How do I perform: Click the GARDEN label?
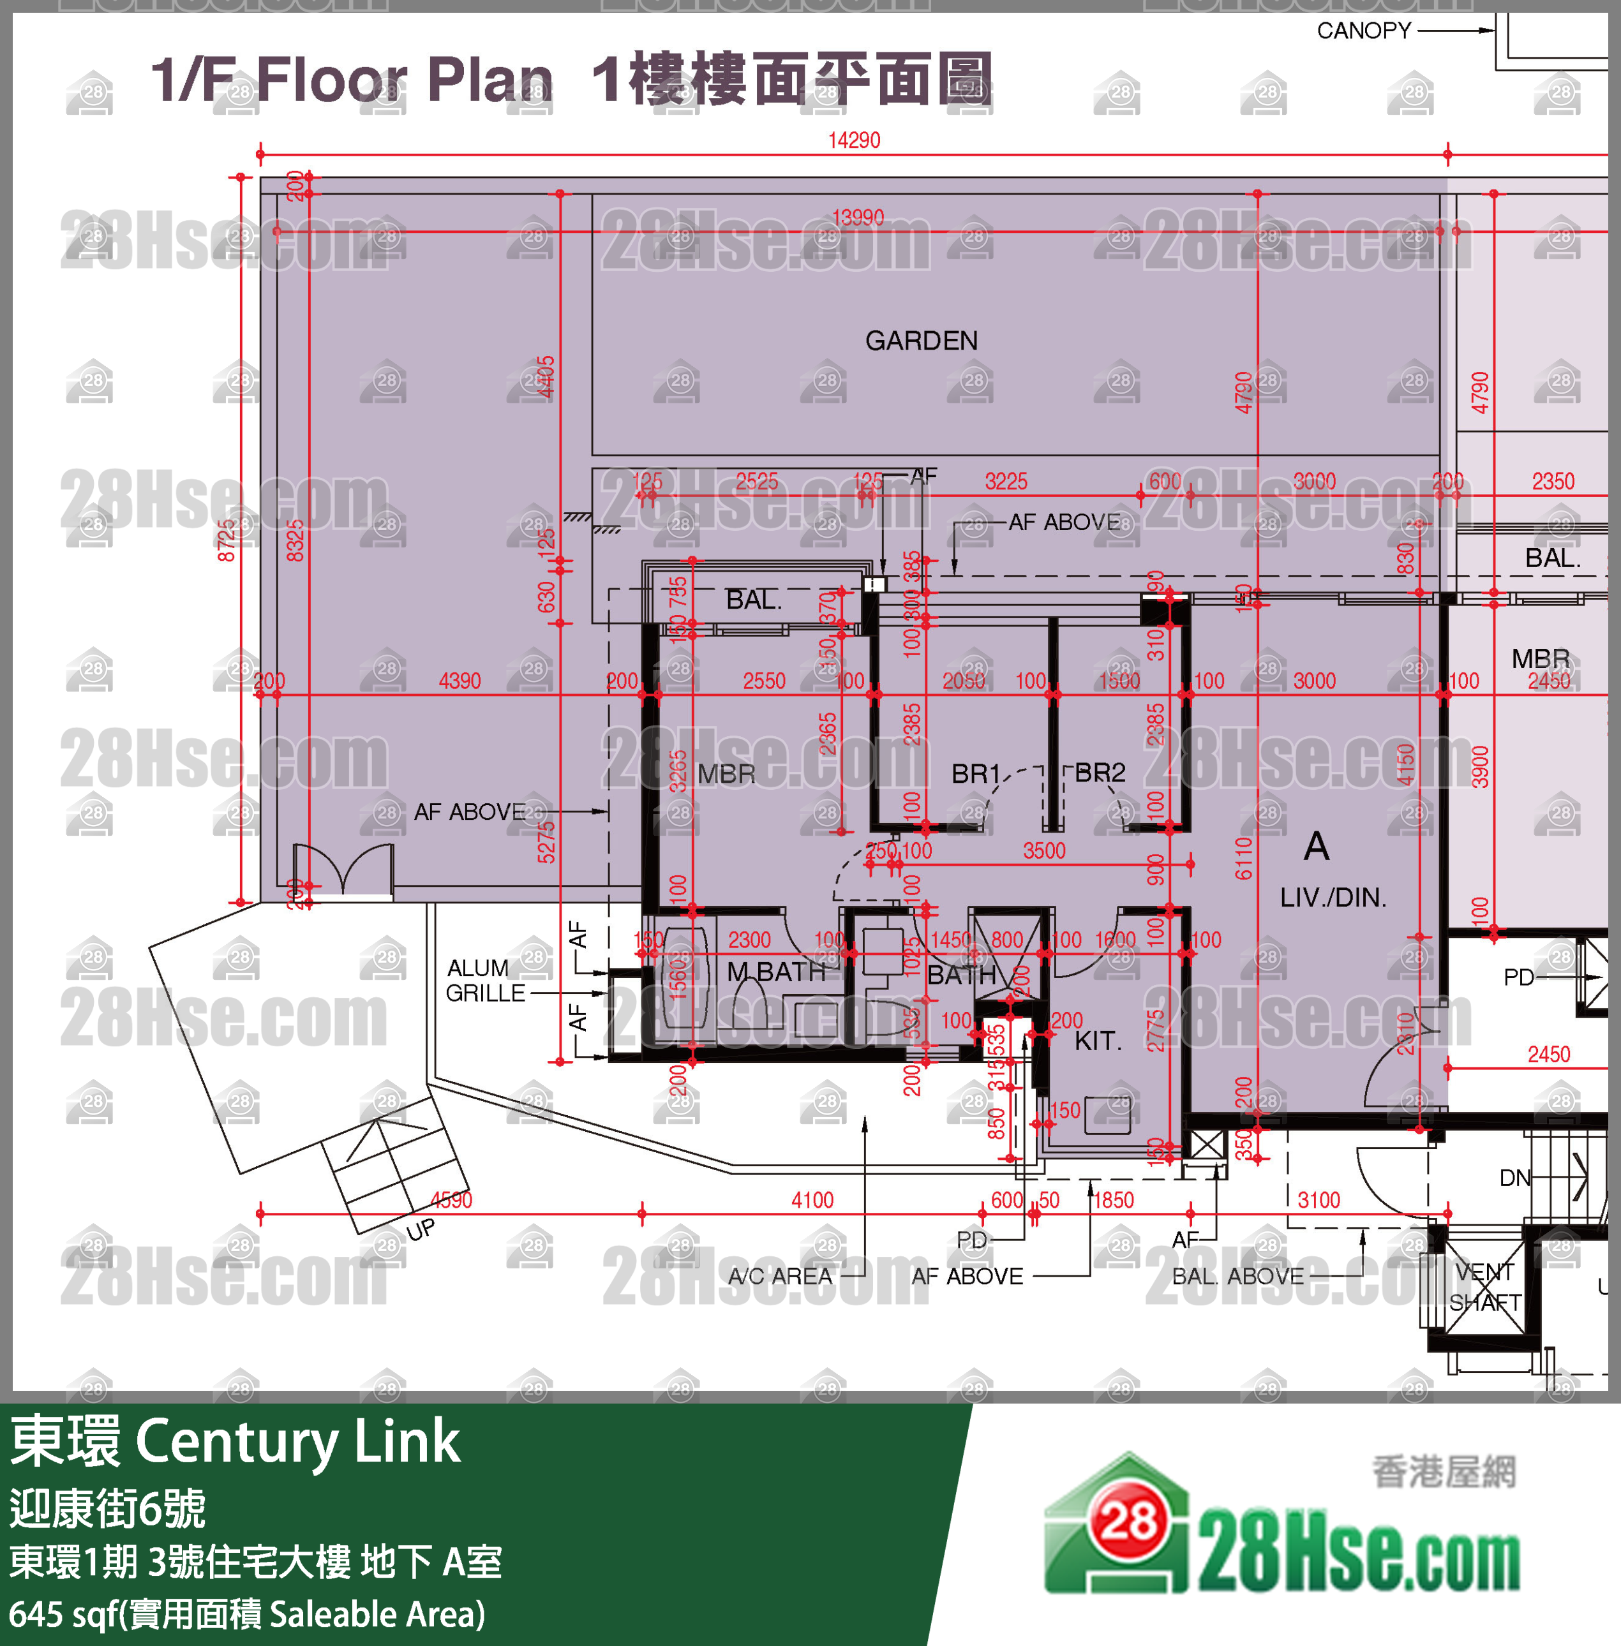point(921,341)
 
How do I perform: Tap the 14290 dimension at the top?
point(854,140)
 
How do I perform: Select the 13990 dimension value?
point(857,218)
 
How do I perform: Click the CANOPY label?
point(1364,31)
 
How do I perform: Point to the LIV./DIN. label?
point(1333,897)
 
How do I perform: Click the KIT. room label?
point(1098,1040)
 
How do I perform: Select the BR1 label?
point(975,774)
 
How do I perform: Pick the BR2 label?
point(1100,772)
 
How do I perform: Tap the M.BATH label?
point(775,971)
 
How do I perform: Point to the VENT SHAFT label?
point(1485,1287)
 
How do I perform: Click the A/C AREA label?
point(780,1276)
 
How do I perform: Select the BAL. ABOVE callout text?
point(1238,1276)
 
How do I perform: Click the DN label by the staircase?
point(1514,1178)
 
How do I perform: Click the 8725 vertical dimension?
point(226,540)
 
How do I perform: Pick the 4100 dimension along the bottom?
point(812,1200)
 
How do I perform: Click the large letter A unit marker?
point(1316,846)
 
